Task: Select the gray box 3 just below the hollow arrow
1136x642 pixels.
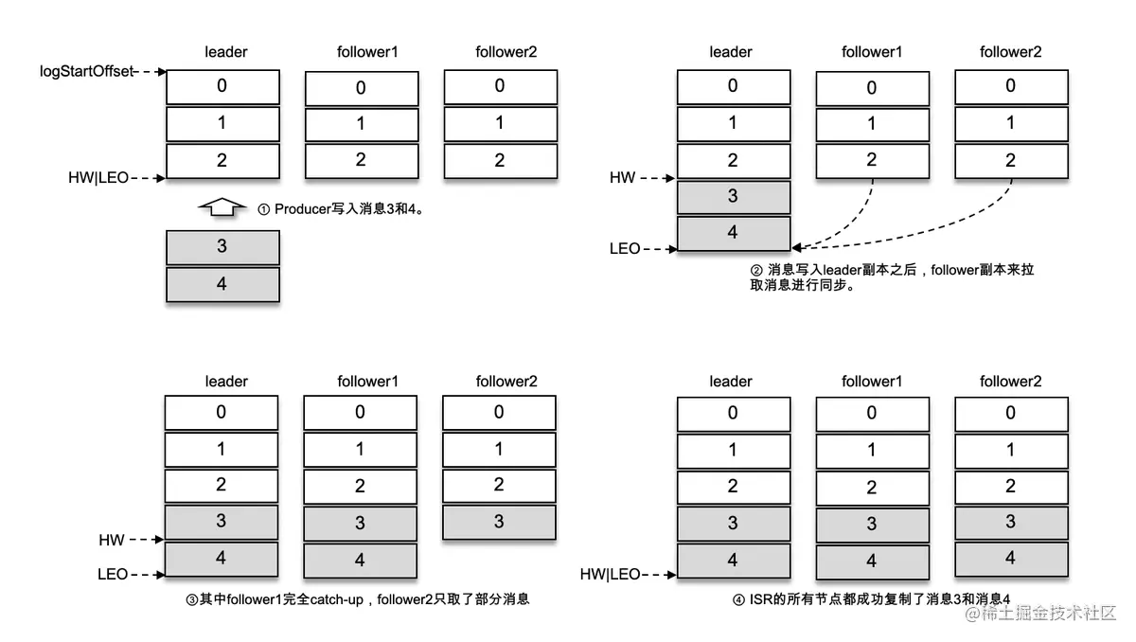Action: (222, 246)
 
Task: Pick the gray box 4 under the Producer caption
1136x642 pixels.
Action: (222, 284)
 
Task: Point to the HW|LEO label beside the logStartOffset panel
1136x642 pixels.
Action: (97, 177)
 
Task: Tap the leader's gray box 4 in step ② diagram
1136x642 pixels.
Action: (733, 232)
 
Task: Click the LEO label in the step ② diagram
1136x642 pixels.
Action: (625, 249)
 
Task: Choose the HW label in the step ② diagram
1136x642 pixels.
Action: (623, 177)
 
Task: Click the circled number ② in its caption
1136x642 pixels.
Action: (755, 270)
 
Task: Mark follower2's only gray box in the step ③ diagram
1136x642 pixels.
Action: (499, 522)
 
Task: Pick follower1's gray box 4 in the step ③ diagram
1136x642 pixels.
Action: (360, 560)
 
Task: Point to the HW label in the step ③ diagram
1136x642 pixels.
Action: (112, 540)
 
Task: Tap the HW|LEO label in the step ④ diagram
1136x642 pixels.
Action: (610, 574)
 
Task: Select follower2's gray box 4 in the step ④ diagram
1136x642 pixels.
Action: (1010, 558)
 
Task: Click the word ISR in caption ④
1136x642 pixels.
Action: (760, 598)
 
